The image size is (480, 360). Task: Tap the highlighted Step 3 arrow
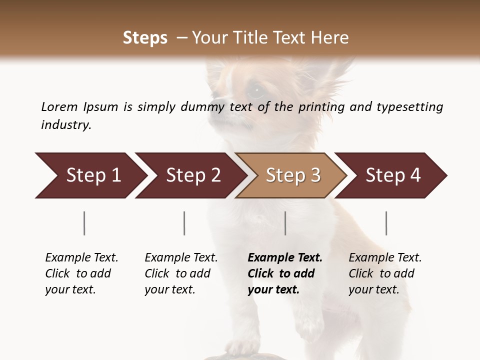pyautogui.click(x=292, y=175)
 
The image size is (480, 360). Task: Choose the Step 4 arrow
pyautogui.click(x=392, y=175)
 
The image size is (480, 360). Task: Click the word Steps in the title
pyautogui.click(x=145, y=38)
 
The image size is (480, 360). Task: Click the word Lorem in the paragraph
pyautogui.click(x=59, y=106)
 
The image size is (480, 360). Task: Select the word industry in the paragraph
pyautogui.click(x=65, y=124)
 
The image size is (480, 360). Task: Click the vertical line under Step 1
pyautogui.click(x=84, y=223)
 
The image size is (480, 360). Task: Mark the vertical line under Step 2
pyautogui.click(x=184, y=223)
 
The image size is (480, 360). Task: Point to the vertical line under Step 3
pyautogui.click(x=285, y=223)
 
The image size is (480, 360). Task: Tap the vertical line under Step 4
pyautogui.click(x=386, y=223)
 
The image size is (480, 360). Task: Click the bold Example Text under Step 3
pyautogui.click(x=285, y=258)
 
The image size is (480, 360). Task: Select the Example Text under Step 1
pyautogui.click(x=81, y=258)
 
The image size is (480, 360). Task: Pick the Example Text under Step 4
pyautogui.click(x=385, y=258)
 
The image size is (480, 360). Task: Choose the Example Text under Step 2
pyautogui.click(x=181, y=258)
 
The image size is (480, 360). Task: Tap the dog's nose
pyautogui.click(x=216, y=95)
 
